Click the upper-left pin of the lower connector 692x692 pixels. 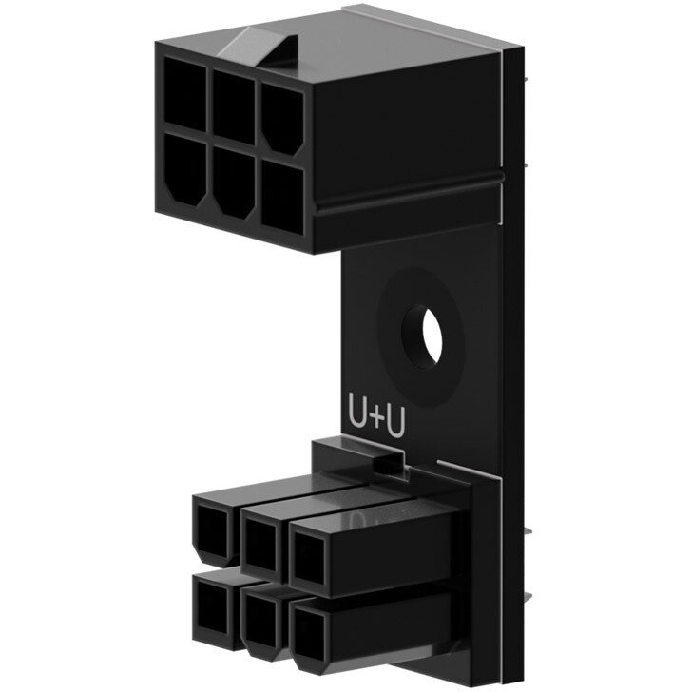click(212, 529)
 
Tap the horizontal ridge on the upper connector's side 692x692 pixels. click(409, 188)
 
